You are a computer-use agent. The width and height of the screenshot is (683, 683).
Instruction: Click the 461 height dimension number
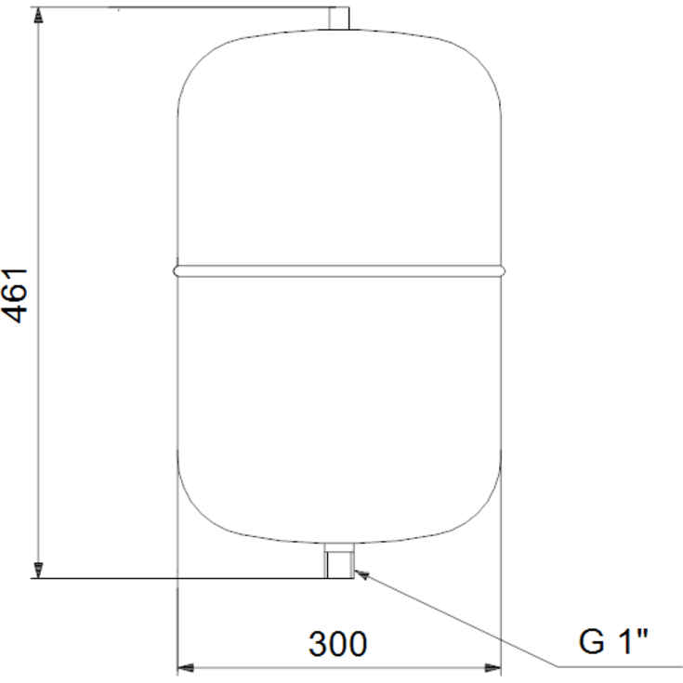click(17, 296)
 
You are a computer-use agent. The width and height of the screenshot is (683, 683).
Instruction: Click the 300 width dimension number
click(338, 643)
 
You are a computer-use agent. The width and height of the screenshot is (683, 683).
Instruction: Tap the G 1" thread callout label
click(613, 642)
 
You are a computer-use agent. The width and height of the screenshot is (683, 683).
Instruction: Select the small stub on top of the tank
click(339, 18)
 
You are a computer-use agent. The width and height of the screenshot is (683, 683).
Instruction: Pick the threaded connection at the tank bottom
click(339, 561)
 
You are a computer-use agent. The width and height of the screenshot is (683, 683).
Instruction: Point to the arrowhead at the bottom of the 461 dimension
click(38, 571)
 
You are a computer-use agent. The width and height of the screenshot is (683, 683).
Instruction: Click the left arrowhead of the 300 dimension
click(183, 667)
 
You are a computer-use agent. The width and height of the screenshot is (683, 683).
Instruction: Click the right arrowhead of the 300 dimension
click(494, 667)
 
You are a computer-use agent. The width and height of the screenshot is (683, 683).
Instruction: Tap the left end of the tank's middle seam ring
click(177, 270)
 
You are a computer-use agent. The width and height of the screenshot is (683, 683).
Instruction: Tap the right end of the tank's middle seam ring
click(502, 270)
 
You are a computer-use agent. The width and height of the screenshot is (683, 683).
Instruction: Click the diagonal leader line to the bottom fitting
click(455, 620)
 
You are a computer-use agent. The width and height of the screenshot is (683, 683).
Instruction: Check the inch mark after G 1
click(643, 634)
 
